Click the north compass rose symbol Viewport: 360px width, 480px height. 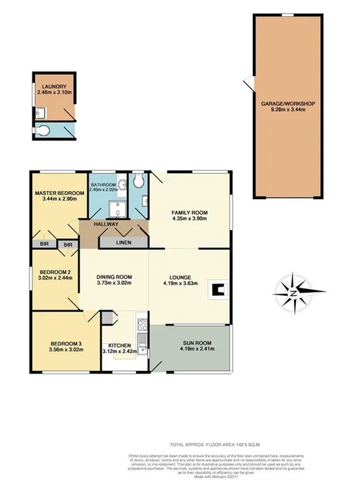click(293, 293)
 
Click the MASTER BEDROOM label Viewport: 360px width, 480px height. click(59, 193)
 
